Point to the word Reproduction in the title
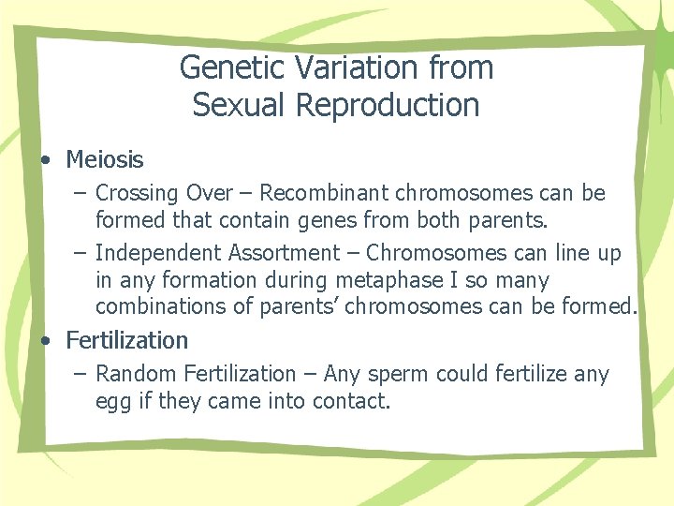388,105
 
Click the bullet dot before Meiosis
46,160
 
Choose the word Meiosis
105,160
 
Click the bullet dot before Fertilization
46,340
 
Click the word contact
355,402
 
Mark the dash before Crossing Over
81,194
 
